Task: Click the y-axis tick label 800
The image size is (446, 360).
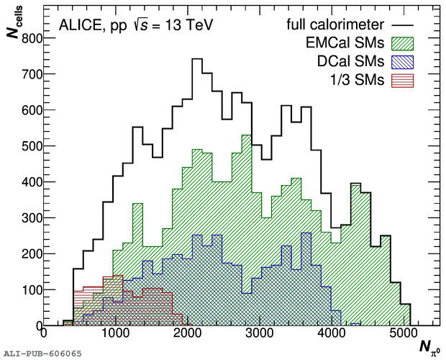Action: (29, 38)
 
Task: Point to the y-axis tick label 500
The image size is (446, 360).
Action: (29, 146)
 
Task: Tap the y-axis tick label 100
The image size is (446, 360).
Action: (29, 290)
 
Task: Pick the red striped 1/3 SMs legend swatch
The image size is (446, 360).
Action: (404, 80)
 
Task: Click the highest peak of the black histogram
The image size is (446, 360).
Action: (197, 59)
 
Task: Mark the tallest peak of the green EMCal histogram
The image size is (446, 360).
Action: (246, 135)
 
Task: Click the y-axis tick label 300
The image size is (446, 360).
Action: (29, 218)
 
